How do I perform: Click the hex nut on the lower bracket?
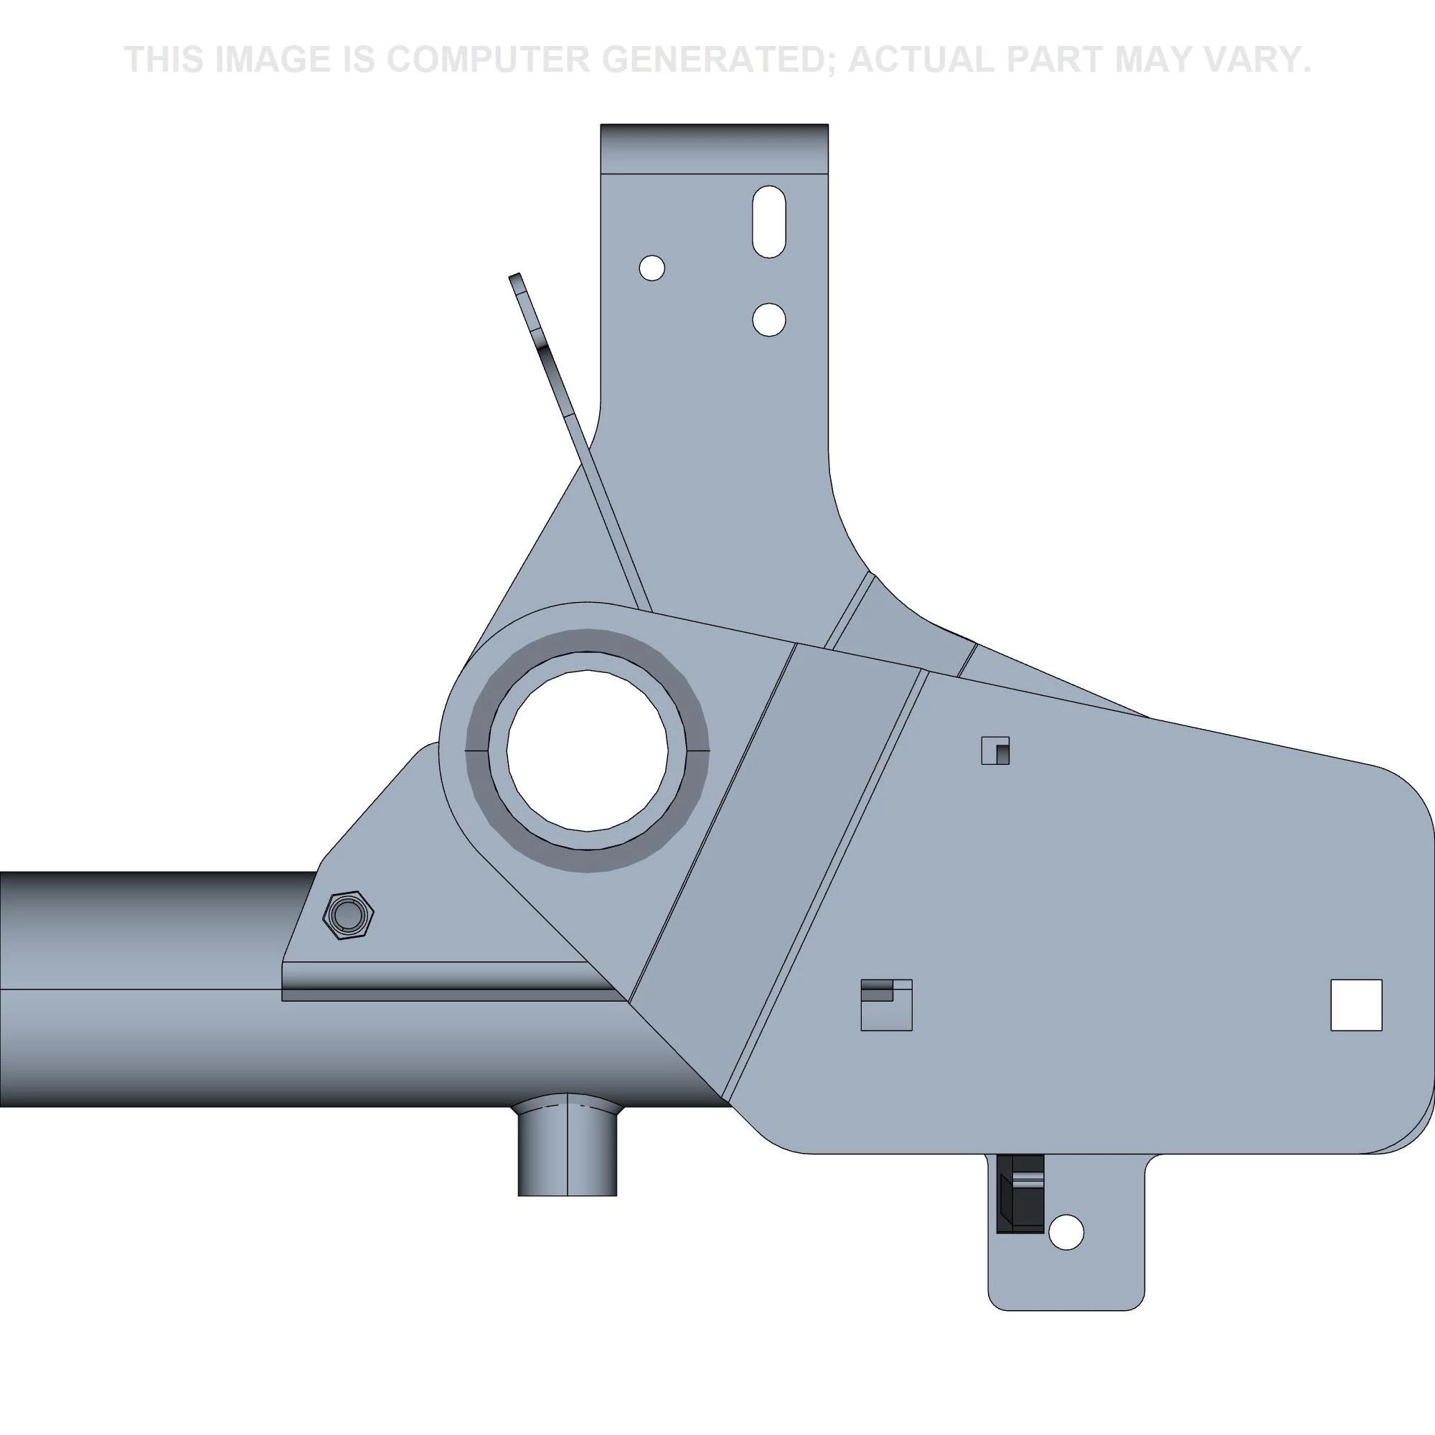coord(347,914)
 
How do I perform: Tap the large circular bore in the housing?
coord(587,751)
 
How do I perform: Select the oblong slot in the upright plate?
coord(768,221)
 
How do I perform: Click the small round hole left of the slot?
coord(651,268)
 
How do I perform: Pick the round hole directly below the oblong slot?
coord(768,319)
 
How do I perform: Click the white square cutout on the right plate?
coord(1355,1005)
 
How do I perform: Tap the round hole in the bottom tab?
coord(1064,1232)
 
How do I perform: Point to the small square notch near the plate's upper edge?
coord(995,751)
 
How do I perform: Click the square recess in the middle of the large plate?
coord(885,1005)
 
